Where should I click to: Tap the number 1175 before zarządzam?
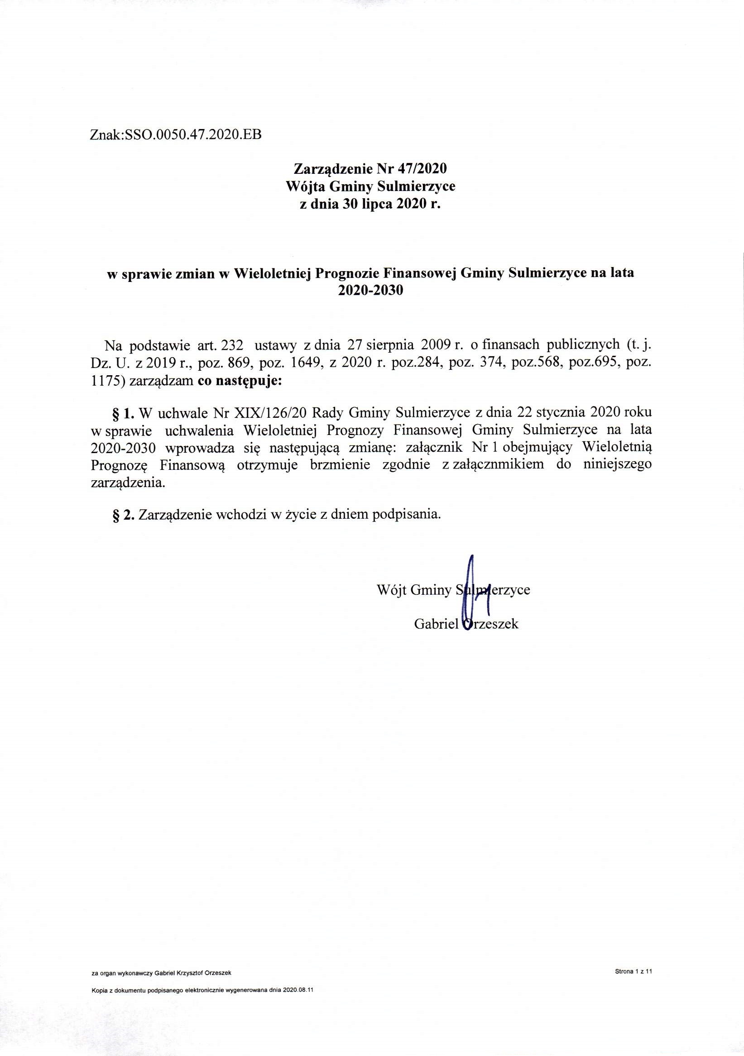pos(108,381)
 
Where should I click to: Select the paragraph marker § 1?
pos(123,411)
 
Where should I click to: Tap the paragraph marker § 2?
pos(123,514)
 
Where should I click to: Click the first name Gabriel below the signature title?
pos(436,624)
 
